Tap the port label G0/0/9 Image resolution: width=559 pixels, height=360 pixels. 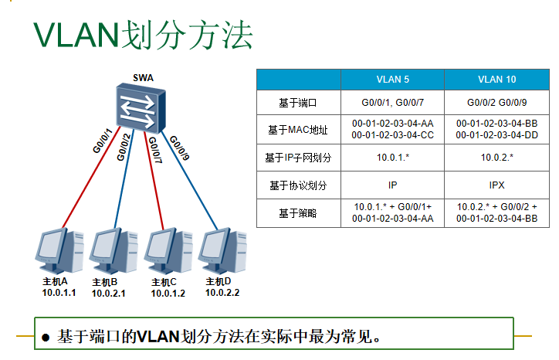[180, 147]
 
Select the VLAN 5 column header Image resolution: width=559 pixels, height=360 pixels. [392, 80]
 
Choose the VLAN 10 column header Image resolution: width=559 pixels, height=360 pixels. [497, 80]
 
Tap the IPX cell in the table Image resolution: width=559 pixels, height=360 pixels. [497, 185]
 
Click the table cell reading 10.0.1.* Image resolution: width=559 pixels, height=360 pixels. [392, 158]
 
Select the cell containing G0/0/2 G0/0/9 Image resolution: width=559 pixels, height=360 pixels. [497, 103]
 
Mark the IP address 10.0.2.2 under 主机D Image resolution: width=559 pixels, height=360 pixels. [222, 293]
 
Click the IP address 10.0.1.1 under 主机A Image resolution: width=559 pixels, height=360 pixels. [59, 293]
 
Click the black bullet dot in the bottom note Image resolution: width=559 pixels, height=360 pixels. [46, 338]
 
